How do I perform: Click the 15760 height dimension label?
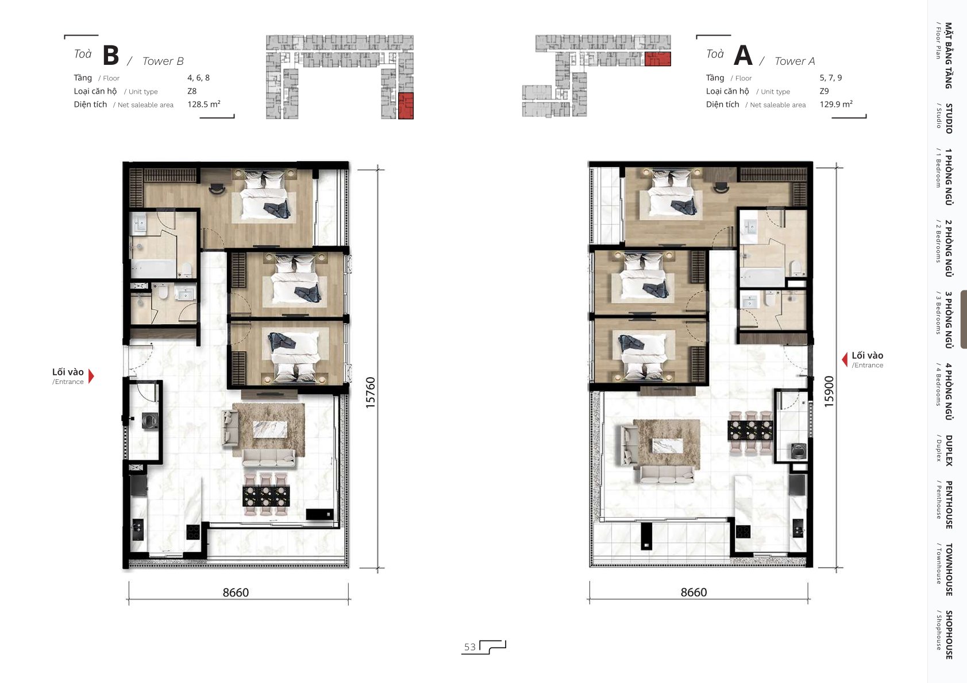pyautogui.click(x=371, y=393)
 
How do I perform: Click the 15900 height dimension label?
pyautogui.click(x=829, y=391)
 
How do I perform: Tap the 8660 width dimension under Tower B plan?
pyautogui.click(x=236, y=592)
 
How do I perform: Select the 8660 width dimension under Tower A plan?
pyautogui.click(x=694, y=592)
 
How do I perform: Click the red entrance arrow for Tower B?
pyautogui.click(x=91, y=376)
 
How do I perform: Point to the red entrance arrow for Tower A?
pyautogui.click(x=845, y=360)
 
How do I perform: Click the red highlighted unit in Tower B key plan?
pyautogui.click(x=406, y=106)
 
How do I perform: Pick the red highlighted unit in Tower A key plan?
pyautogui.click(x=657, y=59)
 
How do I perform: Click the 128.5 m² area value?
pyautogui.click(x=204, y=104)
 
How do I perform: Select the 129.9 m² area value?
pyautogui.click(x=836, y=104)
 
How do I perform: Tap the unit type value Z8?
pyautogui.click(x=192, y=91)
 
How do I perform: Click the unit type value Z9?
pyautogui.click(x=825, y=91)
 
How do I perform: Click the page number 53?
pyautogui.click(x=469, y=647)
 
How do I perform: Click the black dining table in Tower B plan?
pyautogui.click(x=266, y=495)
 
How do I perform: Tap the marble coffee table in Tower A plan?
pyautogui.click(x=668, y=445)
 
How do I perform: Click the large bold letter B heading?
pyautogui.click(x=111, y=55)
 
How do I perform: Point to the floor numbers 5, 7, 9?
pyautogui.click(x=831, y=77)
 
